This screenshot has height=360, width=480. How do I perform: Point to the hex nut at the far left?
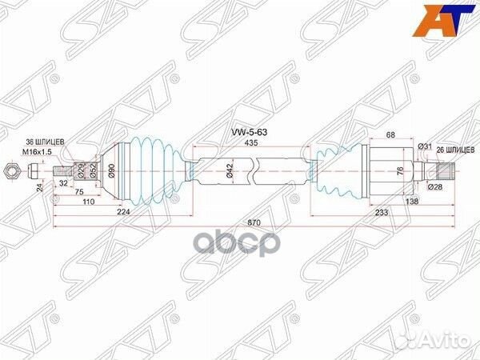click(10, 170)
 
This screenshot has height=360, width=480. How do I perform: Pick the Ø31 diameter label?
click(425, 146)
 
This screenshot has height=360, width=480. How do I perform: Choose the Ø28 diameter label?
click(434, 186)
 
